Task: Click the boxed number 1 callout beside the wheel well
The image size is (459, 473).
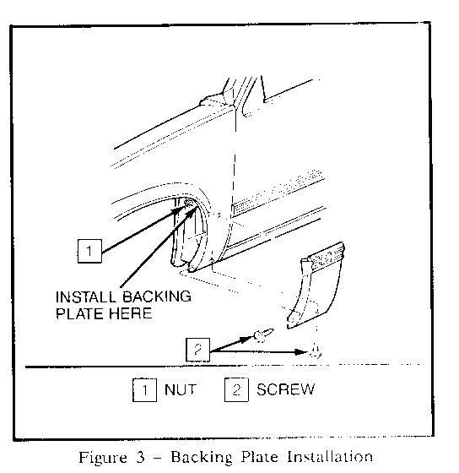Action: [89, 251]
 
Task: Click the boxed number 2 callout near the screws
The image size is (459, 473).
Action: [197, 350]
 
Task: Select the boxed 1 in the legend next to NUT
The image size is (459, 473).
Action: [144, 389]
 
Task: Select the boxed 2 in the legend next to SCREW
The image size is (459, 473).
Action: [236, 389]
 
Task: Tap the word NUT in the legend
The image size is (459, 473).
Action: [181, 389]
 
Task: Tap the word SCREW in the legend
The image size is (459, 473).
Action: [285, 389]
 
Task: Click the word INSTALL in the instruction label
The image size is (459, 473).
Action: [85, 296]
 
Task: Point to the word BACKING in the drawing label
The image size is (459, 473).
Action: [157, 296]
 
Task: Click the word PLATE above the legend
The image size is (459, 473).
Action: [79, 313]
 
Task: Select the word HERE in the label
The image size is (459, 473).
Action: [130, 313]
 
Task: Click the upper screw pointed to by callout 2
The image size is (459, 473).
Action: [264, 334]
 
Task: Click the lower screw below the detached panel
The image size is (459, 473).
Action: [316, 351]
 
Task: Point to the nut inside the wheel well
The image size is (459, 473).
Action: [188, 203]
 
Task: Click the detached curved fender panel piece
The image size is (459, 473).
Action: [315, 285]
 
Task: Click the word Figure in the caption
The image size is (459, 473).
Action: [103, 458]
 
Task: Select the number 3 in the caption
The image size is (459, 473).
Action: [140, 457]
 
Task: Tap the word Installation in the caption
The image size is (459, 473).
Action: [330, 457]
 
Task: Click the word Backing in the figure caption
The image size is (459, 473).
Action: [202, 458]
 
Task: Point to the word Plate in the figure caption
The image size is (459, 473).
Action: [259, 457]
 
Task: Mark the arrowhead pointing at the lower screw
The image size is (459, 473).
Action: [301, 351]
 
